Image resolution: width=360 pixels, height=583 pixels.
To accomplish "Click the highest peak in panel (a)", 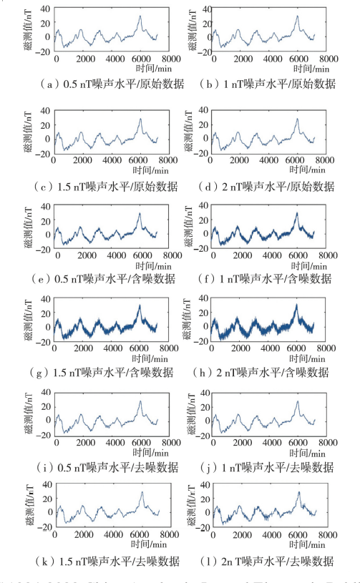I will click(x=140, y=16).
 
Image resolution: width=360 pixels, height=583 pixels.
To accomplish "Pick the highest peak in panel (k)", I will click(x=141, y=492).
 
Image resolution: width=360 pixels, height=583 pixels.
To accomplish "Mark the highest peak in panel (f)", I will click(x=296, y=212).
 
